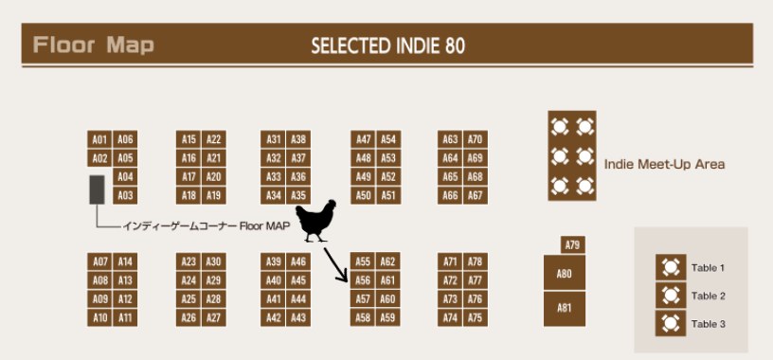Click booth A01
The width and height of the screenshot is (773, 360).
point(99,139)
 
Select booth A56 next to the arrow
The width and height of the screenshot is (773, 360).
point(363,280)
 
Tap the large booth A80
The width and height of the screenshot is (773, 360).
point(565,273)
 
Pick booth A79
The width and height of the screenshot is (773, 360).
point(573,244)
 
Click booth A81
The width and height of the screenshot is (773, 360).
point(565,309)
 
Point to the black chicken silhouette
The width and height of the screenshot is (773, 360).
point(316,220)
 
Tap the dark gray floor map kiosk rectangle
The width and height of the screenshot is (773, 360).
point(97,189)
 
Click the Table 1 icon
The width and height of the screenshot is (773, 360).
point(671,268)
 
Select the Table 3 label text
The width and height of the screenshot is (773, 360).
point(708,324)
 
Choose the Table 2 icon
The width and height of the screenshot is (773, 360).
point(671,296)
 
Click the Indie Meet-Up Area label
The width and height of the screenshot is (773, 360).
point(665,164)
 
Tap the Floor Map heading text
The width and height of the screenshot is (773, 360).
point(94,45)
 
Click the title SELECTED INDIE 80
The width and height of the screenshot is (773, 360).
point(388,46)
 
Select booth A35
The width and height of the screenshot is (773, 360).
point(298,196)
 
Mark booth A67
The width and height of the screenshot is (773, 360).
point(476,196)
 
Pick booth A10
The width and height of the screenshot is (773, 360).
point(99,318)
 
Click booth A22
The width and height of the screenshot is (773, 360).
point(214,139)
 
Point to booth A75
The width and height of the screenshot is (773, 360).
point(476,318)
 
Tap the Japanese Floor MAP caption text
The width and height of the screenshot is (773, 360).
point(207,226)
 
